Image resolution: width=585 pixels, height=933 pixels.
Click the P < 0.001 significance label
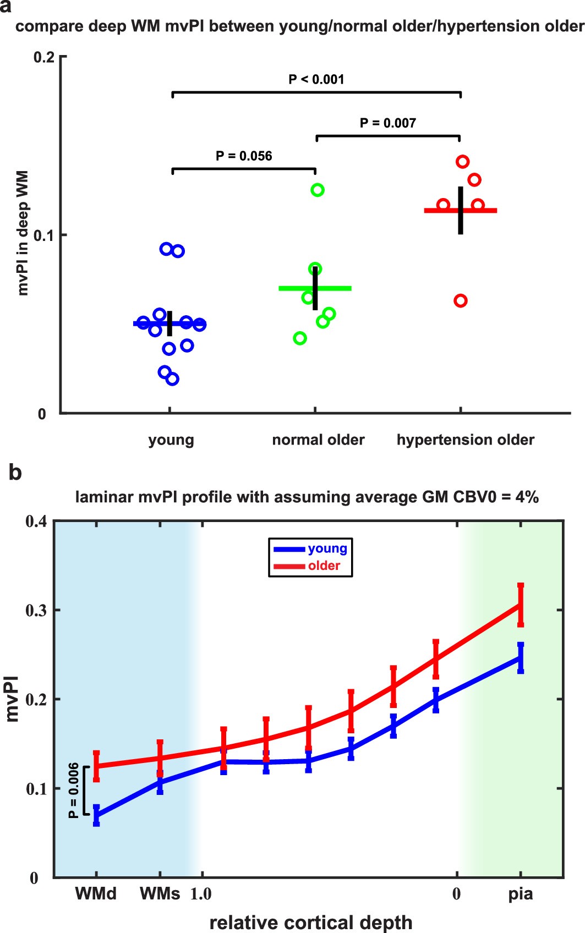(316, 79)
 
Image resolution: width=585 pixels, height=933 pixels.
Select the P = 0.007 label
(387, 123)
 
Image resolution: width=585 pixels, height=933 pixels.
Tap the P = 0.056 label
(244, 156)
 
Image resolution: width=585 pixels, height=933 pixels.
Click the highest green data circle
(318, 190)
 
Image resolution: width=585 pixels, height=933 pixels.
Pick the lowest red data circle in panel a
(461, 300)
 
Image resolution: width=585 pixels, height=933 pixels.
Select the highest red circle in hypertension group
(462, 161)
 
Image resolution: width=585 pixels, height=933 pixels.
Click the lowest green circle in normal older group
(300, 338)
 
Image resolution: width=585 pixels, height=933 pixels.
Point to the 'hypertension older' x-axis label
(466, 440)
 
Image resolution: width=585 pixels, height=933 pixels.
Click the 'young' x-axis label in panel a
(171, 440)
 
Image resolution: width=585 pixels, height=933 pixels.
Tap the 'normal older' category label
(318, 440)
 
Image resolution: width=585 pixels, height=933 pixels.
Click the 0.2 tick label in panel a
(44, 57)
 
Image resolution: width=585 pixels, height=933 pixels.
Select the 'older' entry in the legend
(324, 566)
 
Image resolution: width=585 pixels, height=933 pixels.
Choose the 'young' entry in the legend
(327, 548)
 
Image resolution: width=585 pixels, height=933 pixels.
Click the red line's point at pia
(521, 605)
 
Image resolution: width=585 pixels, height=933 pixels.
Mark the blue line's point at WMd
(96, 815)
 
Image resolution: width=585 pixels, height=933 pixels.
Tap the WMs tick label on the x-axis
(160, 894)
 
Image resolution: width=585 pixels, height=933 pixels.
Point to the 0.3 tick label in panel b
(36, 610)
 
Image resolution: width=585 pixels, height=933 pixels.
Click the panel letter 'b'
(15, 473)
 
